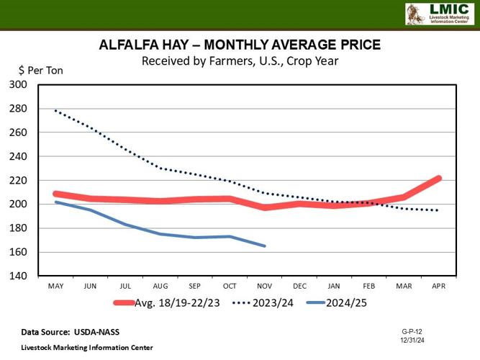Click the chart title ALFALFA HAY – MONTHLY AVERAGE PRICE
tap(240, 46)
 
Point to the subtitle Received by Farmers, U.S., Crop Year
tap(240, 60)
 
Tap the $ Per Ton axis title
tap(41, 71)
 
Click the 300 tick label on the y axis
tap(18, 85)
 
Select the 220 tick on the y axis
tap(18, 181)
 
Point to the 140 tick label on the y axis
tap(18, 276)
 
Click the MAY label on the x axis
tap(55, 287)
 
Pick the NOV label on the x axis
tap(265, 287)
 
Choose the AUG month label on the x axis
tap(160, 287)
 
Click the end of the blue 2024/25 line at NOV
tap(265, 246)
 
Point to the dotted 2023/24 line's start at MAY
tap(55, 111)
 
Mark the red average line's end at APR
tap(439, 178)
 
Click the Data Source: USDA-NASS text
tap(70, 331)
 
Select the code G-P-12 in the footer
tap(413, 330)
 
